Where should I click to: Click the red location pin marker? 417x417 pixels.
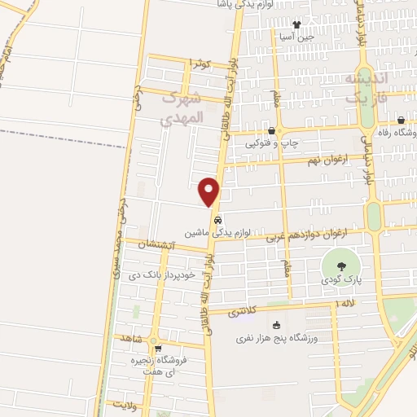[209, 191]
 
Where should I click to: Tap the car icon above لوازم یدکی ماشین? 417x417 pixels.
[217, 220]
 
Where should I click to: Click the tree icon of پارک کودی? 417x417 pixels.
[340, 266]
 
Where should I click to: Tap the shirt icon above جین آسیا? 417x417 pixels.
[296, 25]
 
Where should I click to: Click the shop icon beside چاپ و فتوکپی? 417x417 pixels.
[272, 131]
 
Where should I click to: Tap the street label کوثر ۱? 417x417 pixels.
[199, 63]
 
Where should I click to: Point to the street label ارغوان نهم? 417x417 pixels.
[323, 160]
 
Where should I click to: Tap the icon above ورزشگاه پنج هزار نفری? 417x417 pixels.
[276, 325]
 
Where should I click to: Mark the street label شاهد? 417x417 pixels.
[131, 337]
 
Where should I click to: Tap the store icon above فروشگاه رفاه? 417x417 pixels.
[401, 121]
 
